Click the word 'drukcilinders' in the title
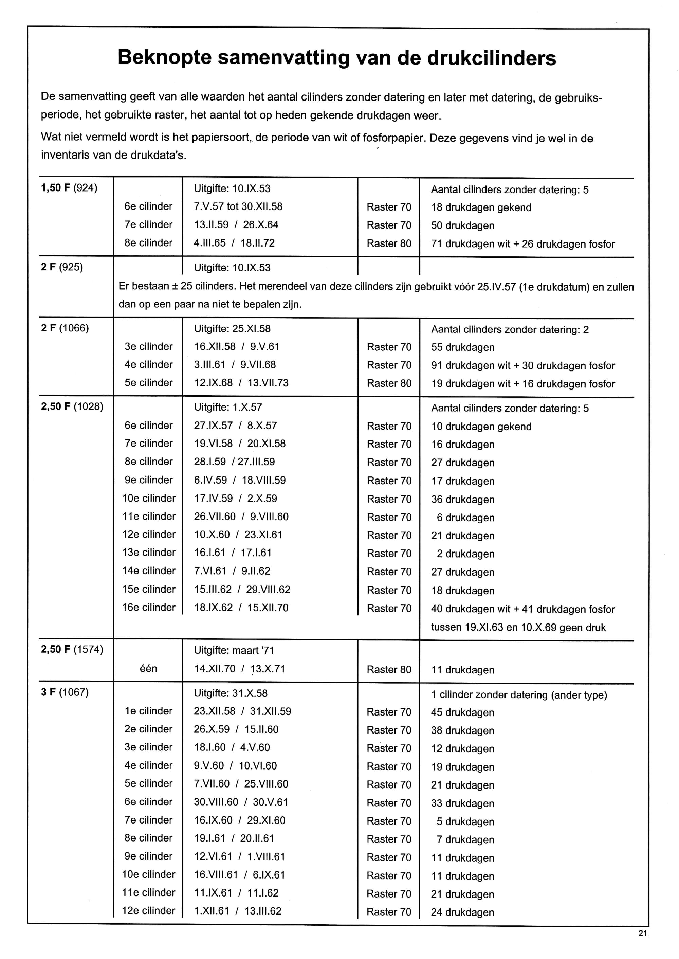tap(491, 58)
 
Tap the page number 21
tap(643, 933)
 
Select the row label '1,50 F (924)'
tap(69, 188)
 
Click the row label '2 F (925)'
tap(62, 267)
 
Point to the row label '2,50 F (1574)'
tap(72, 650)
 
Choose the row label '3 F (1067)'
tap(65, 692)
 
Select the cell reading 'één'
tap(148, 668)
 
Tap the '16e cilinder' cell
tap(149, 607)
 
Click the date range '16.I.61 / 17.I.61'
tap(233, 553)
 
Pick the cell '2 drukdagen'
tap(465, 554)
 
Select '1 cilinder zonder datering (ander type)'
tap(519, 695)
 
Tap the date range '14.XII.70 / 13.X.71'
tap(239, 669)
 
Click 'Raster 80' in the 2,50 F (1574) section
tap(389, 669)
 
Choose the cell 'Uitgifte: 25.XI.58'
tap(232, 329)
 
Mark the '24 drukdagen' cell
tap(462, 912)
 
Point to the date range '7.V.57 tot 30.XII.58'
tap(238, 206)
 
